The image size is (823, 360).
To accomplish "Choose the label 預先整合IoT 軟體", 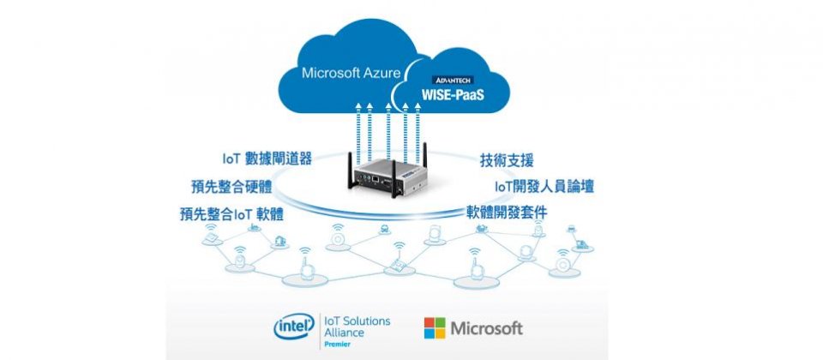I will tap(231, 213).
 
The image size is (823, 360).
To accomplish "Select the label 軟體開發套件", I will tap(507, 212).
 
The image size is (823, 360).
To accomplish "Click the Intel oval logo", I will tap(292, 327).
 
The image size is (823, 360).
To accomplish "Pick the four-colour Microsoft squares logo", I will tap(436, 328).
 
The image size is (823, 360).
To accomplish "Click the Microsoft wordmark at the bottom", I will tap(487, 328).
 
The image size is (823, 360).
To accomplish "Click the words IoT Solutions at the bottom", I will tap(354, 321).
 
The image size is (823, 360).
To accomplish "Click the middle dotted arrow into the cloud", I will tap(388, 129).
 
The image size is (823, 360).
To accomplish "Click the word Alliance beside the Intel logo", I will tap(343, 332).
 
